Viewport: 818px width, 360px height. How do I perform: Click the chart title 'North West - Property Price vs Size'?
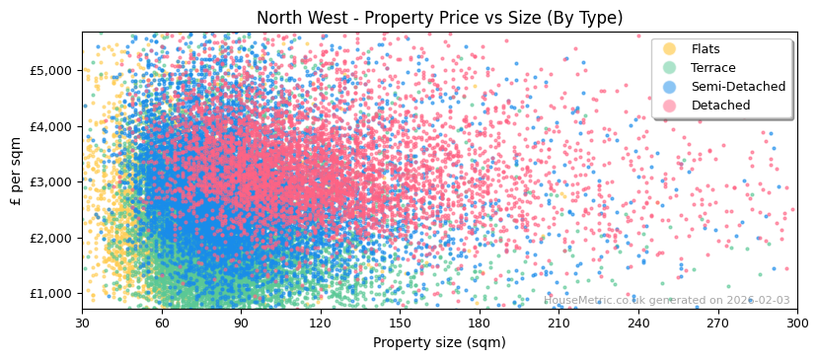tap(439, 18)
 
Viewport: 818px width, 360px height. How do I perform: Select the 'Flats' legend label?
tap(706, 49)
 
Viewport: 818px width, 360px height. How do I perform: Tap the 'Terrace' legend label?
tap(712, 68)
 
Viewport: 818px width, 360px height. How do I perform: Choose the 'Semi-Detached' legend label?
tap(738, 87)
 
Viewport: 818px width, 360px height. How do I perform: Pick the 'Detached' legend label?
tap(720, 106)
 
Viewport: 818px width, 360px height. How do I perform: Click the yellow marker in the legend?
tap(670, 49)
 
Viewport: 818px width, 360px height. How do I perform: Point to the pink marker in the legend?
tap(670, 106)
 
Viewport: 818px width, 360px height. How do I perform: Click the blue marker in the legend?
tap(670, 87)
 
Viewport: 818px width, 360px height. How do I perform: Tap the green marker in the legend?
tap(670, 68)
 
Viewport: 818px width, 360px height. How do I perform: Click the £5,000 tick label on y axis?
tap(53, 70)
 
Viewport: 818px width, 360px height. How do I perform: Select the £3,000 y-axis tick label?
tap(53, 181)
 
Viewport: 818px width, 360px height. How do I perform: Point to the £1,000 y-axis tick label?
tap(53, 293)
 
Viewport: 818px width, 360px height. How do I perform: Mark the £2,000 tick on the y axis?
tap(53, 238)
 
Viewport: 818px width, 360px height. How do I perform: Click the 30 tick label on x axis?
tap(82, 323)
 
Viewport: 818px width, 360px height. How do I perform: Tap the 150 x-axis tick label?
tap(400, 323)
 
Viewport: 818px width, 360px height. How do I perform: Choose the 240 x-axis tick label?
tap(638, 323)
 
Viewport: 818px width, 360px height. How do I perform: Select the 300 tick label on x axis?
tap(796, 323)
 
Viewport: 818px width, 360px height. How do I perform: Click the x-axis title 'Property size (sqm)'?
tap(439, 342)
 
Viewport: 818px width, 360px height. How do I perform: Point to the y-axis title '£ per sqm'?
tap(17, 171)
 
